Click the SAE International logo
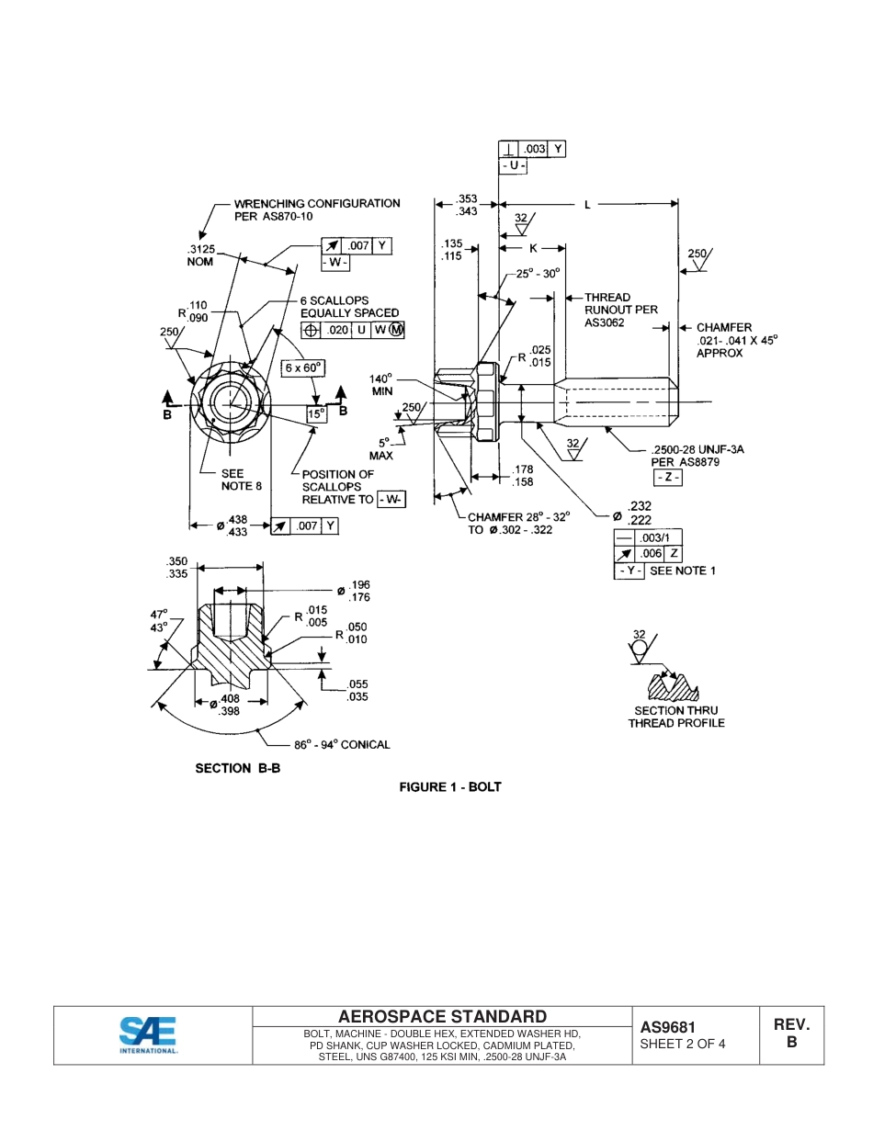coord(148,1035)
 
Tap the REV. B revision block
coord(791,1034)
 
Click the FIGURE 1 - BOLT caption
coord(449,787)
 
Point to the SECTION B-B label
coord(237,768)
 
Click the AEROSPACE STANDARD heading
coord(442,1016)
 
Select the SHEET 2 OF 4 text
coord(683,1044)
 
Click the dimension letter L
coord(588,205)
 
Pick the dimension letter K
coord(533,248)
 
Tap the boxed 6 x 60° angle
coord(304,367)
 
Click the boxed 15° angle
coord(317,413)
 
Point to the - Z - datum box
coord(667,478)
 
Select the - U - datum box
coord(513,166)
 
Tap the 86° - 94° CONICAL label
coord(342,745)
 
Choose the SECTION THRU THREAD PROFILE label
coord(676,717)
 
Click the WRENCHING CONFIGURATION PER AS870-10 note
coord(316,209)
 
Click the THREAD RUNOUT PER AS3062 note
coord(620,310)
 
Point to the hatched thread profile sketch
coord(674,687)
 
